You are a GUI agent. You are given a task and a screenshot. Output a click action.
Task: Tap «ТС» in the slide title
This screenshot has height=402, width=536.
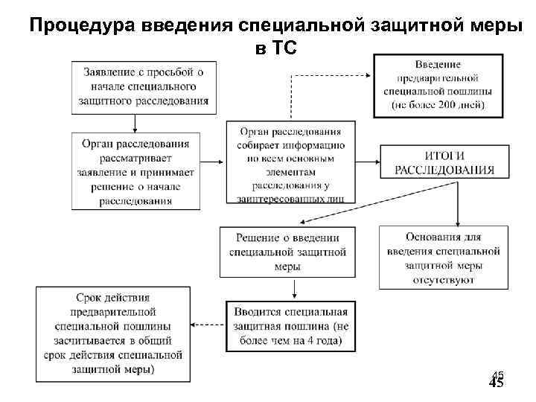pos(284,49)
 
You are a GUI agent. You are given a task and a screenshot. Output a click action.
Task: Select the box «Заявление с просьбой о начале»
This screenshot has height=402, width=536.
pos(145,86)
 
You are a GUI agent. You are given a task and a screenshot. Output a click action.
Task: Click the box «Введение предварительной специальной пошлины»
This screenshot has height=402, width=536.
pos(438,85)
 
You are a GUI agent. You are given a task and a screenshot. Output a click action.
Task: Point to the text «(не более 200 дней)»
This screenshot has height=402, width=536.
pos(438,105)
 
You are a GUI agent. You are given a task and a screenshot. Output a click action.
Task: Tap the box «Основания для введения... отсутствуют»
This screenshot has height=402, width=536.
pos(444,257)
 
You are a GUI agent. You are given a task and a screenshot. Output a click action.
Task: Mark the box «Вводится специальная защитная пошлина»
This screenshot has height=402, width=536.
pos(291,326)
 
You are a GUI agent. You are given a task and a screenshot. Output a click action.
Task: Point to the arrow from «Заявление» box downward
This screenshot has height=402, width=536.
pos(135,123)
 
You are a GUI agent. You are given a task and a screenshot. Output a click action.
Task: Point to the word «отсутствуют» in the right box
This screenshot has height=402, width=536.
pos(444,280)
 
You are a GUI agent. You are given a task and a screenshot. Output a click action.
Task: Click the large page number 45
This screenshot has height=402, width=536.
pos(496,383)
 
